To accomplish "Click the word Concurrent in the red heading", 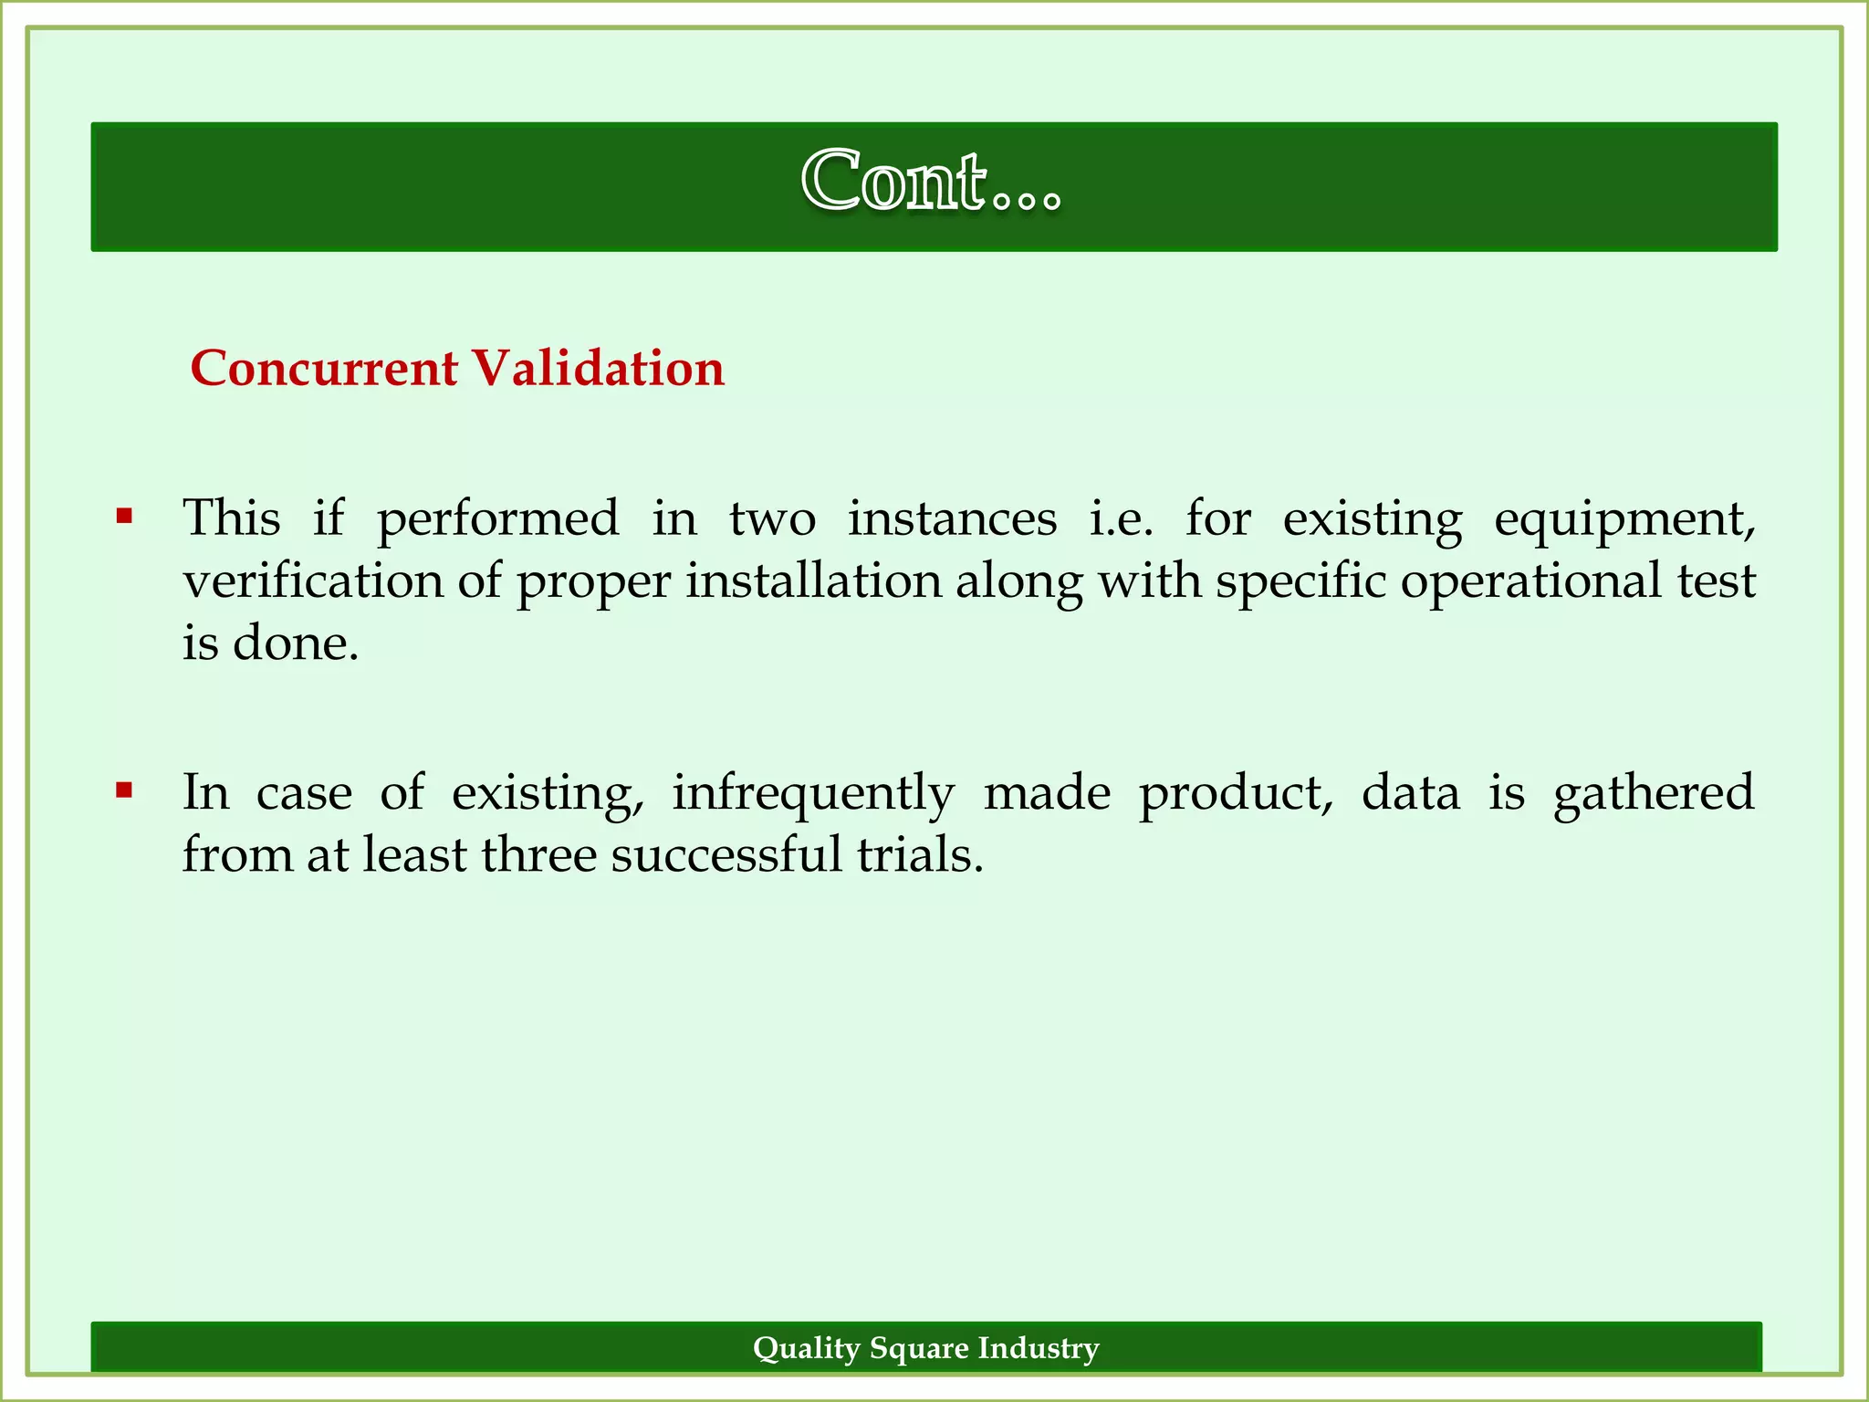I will (x=324, y=369).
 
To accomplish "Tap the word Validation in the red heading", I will (x=598, y=369).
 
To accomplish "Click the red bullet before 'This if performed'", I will (x=125, y=518).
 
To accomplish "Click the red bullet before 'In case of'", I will (x=125, y=790).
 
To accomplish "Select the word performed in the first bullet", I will (x=498, y=520).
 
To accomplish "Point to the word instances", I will (x=952, y=518).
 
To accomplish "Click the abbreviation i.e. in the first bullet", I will (x=1121, y=518).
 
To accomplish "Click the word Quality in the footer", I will (x=807, y=1348).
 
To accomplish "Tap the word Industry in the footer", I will (x=1039, y=1348).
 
